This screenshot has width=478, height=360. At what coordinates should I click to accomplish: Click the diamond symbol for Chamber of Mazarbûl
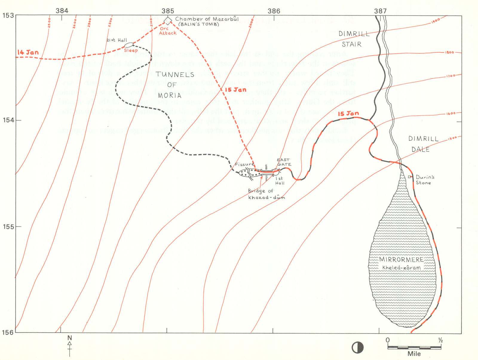168,20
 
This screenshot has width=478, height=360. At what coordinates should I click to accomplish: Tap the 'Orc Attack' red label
167,31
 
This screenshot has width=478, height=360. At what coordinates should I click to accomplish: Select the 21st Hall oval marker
128,45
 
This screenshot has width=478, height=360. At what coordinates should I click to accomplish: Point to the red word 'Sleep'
131,51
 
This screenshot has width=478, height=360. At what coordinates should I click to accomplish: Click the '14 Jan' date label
28,52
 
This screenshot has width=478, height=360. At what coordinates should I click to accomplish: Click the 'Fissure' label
244,164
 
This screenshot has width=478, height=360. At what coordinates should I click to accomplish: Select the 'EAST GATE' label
284,162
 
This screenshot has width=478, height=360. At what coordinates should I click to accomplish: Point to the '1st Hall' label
280,181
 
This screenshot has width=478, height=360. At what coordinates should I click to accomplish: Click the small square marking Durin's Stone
410,177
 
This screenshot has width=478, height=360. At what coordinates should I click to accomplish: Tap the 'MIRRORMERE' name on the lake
402,260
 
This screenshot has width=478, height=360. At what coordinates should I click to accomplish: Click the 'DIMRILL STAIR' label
353,39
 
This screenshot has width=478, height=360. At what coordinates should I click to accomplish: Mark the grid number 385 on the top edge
168,11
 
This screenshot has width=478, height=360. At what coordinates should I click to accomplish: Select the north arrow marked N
70,345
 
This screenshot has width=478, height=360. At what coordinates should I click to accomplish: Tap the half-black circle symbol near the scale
357,347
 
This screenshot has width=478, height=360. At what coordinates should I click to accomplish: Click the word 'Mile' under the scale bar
414,354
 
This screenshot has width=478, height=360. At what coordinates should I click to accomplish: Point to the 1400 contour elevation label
436,20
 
